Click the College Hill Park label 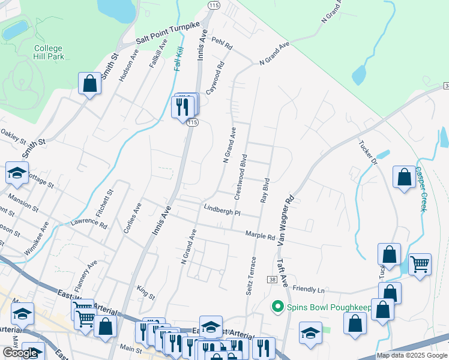[48, 53]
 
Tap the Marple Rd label [260, 235]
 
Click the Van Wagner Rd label [286, 220]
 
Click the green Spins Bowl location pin [277, 307]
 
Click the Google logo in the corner [20, 353]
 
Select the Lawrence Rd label [88, 223]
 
